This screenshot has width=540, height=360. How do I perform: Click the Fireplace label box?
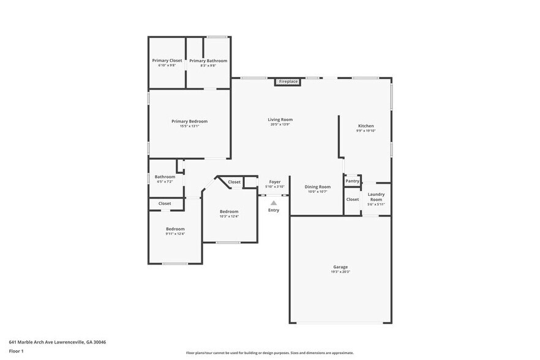click(x=288, y=81)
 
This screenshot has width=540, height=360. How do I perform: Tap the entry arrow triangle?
click(x=274, y=203)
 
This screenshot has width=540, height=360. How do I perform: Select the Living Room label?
click(x=280, y=119)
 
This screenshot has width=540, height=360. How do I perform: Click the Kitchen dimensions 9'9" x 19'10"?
click(x=366, y=130)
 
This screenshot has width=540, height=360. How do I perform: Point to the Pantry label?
click(x=352, y=181)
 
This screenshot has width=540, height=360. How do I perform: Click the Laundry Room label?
click(x=376, y=197)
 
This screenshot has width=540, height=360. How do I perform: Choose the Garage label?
click(x=340, y=267)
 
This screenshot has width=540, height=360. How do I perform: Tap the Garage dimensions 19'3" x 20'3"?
click(x=340, y=272)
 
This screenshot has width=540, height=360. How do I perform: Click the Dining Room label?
click(x=318, y=187)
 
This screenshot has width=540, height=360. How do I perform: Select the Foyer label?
click(x=274, y=182)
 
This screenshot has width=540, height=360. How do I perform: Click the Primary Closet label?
click(x=167, y=61)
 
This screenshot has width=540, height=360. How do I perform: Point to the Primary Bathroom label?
click(x=208, y=61)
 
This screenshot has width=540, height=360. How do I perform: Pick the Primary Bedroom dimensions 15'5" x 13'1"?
click(x=189, y=126)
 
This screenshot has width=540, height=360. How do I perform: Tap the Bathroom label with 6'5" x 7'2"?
click(x=165, y=177)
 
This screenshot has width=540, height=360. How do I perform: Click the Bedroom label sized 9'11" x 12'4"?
click(x=174, y=229)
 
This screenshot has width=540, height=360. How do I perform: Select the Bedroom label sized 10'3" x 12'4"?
click(x=229, y=211)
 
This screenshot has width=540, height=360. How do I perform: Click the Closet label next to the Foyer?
click(x=234, y=182)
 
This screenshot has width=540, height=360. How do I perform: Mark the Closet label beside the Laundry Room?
click(x=353, y=199)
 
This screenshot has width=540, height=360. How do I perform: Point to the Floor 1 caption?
click(x=16, y=351)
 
